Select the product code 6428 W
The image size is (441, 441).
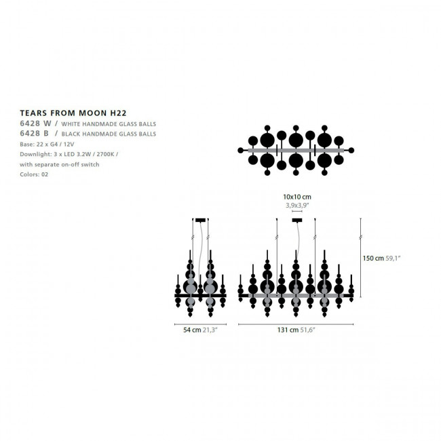pos(36,123)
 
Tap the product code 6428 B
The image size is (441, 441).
pos(35,133)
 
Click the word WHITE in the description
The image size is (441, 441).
pos(71,124)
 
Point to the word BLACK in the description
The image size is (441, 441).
pos(71,134)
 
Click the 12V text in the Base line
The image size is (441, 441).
pos(69,145)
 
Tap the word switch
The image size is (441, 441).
pos(90,164)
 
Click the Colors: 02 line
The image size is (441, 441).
pos(34,174)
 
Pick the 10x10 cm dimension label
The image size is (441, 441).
pos(297,197)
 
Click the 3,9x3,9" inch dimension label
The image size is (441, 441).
pos(297,206)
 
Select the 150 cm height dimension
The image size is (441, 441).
pos(373,258)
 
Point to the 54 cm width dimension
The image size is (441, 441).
pos(192,330)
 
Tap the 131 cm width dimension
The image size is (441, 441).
pos(288,330)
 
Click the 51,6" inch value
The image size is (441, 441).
pos(307,330)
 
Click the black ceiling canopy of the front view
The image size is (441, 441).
pos(297,220)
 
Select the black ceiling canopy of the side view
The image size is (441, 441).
pos(200,220)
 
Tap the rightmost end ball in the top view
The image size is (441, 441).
pos(351,151)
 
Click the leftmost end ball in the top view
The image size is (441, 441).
pos(240,151)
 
